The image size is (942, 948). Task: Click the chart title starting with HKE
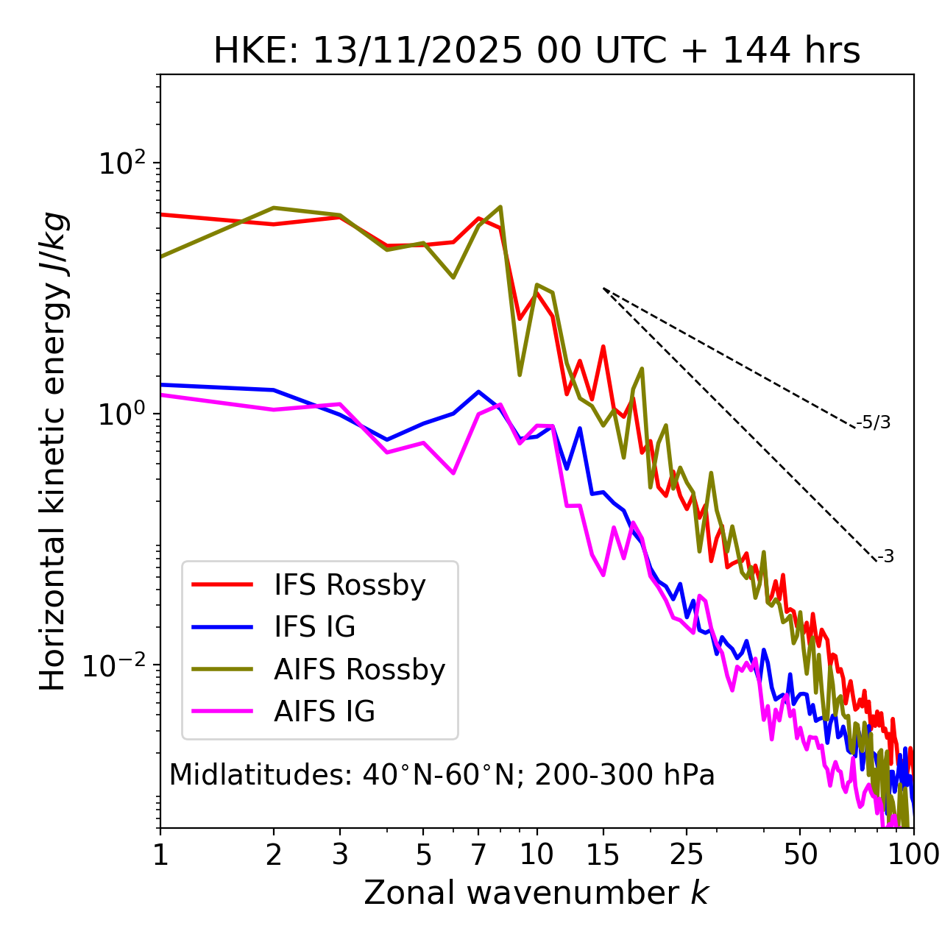pyautogui.click(x=536, y=52)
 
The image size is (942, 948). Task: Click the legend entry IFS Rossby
pyautogui.click(x=350, y=585)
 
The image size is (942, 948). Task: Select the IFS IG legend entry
pyautogui.click(x=314, y=627)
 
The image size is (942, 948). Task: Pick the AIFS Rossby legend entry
pyautogui.click(x=359, y=670)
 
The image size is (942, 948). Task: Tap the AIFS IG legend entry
pyautogui.click(x=325, y=712)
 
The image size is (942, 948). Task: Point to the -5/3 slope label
pyautogui.click(x=874, y=422)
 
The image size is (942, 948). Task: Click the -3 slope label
pyautogui.click(x=885, y=557)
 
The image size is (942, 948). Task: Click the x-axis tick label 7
pyautogui.click(x=478, y=855)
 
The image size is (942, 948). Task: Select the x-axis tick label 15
pyautogui.click(x=603, y=855)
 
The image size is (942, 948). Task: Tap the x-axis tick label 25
pyautogui.click(x=687, y=855)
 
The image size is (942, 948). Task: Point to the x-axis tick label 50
pyautogui.click(x=800, y=855)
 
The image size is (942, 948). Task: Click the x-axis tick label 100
pyautogui.click(x=913, y=855)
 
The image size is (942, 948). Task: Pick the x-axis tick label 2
pyautogui.click(x=274, y=855)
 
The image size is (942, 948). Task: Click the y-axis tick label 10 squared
pyautogui.click(x=122, y=163)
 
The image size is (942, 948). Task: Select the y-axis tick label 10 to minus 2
pyautogui.click(x=118, y=665)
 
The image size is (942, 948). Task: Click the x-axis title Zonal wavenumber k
pyautogui.click(x=536, y=893)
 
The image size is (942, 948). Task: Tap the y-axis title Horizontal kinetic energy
pyautogui.click(x=53, y=451)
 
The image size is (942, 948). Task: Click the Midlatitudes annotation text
pyautogui.click(x=442, y=775)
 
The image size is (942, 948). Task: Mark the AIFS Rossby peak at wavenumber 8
pyautogui.click(x=500, y=207)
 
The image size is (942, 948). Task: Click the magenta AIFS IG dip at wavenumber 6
pyautogui.click(x=453, y=473)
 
